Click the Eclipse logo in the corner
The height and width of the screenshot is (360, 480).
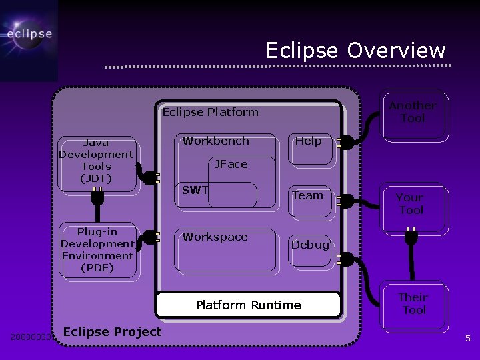29,35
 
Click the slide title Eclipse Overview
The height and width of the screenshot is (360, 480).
355,51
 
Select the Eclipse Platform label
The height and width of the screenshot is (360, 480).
211,112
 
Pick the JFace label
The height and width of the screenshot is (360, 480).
231,164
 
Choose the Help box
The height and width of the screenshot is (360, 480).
309,149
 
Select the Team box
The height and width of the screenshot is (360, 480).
309,200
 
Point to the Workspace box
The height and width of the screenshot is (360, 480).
226,250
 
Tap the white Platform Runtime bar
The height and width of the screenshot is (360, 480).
248,305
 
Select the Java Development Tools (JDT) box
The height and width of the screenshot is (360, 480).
96,161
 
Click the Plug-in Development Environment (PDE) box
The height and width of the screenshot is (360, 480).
97,249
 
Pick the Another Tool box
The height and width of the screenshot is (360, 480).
413,115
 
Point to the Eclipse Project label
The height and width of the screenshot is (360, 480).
112,332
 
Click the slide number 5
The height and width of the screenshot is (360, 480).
468,339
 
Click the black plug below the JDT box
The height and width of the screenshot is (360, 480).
97,198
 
